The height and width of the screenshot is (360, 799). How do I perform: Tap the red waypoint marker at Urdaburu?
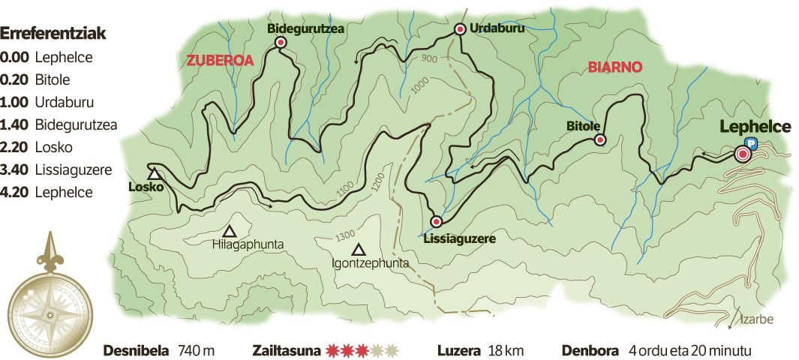click(x=461, y=29)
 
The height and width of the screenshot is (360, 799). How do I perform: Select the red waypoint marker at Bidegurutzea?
click(x=281, y=43)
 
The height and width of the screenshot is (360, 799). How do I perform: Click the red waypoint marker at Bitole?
click(x=599, y=139)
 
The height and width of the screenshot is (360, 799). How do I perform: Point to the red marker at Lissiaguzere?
click(x=436, y=221)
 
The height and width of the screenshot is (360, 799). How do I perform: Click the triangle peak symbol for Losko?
click(x=154, y=174)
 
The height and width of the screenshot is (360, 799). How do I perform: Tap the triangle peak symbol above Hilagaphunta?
click(x=230, y=231)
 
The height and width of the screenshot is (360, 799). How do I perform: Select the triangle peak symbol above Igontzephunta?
click(x=359, y=250)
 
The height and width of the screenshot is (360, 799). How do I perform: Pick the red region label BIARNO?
click(x=614, y=67)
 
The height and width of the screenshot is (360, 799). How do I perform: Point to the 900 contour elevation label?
click(x=429, y=58)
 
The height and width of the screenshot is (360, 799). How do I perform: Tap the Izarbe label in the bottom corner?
click(x=756, y=319)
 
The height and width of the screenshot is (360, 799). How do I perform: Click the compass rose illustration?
click(x=50, y=298)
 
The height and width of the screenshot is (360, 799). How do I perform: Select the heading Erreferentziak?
click(x=53, y=34)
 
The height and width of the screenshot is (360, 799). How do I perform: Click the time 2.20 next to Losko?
click(x=14, y=147)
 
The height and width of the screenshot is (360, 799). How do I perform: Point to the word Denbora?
click(x=590, y=350)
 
